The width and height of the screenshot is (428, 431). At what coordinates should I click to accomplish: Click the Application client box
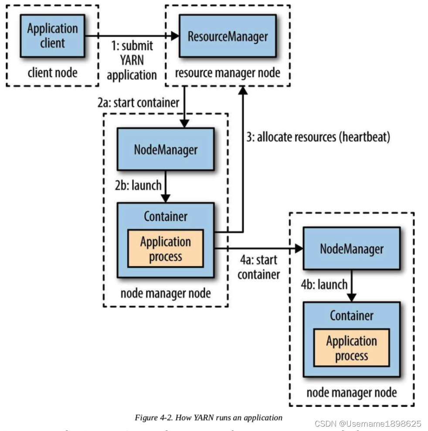click(52, 36)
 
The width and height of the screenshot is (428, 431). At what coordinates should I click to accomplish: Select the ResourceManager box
click(228, 36)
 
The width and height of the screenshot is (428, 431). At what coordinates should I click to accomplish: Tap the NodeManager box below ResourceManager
click(165, 149)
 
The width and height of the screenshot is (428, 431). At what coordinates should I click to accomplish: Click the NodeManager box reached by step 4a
click(351, 249)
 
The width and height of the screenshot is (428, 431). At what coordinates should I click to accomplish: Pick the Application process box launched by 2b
click(165, 249)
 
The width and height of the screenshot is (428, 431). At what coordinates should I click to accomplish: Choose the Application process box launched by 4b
click(351, 348)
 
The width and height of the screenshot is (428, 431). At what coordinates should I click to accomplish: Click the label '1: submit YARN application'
click(132, 60)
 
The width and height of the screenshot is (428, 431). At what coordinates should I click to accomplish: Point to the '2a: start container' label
click(138, 103)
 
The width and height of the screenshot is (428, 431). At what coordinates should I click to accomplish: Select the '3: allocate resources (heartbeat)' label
click(318, 137)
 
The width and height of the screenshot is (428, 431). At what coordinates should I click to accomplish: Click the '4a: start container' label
click(259, 267)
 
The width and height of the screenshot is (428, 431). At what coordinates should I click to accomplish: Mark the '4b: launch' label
click(318, 284)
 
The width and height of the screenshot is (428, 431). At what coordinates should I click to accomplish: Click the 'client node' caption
click(52, 72)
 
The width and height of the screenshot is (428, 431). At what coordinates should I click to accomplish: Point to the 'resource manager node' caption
click(228, 72)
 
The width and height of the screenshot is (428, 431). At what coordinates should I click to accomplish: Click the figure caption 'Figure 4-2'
click(208, 418)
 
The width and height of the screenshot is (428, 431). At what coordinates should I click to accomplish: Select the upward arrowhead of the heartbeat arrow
click(243, 90)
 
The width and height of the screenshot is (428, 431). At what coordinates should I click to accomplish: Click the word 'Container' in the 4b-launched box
click(351, 315)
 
